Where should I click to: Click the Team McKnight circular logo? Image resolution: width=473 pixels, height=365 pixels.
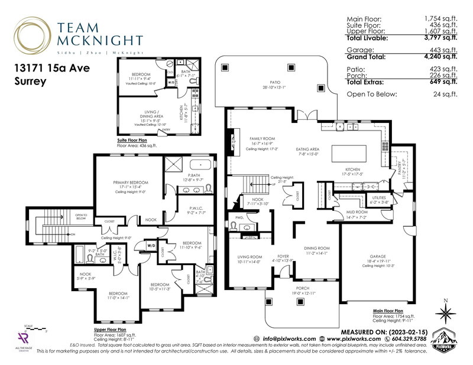tap(29, 33)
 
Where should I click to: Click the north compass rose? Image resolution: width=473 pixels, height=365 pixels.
tap(445, 312)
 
